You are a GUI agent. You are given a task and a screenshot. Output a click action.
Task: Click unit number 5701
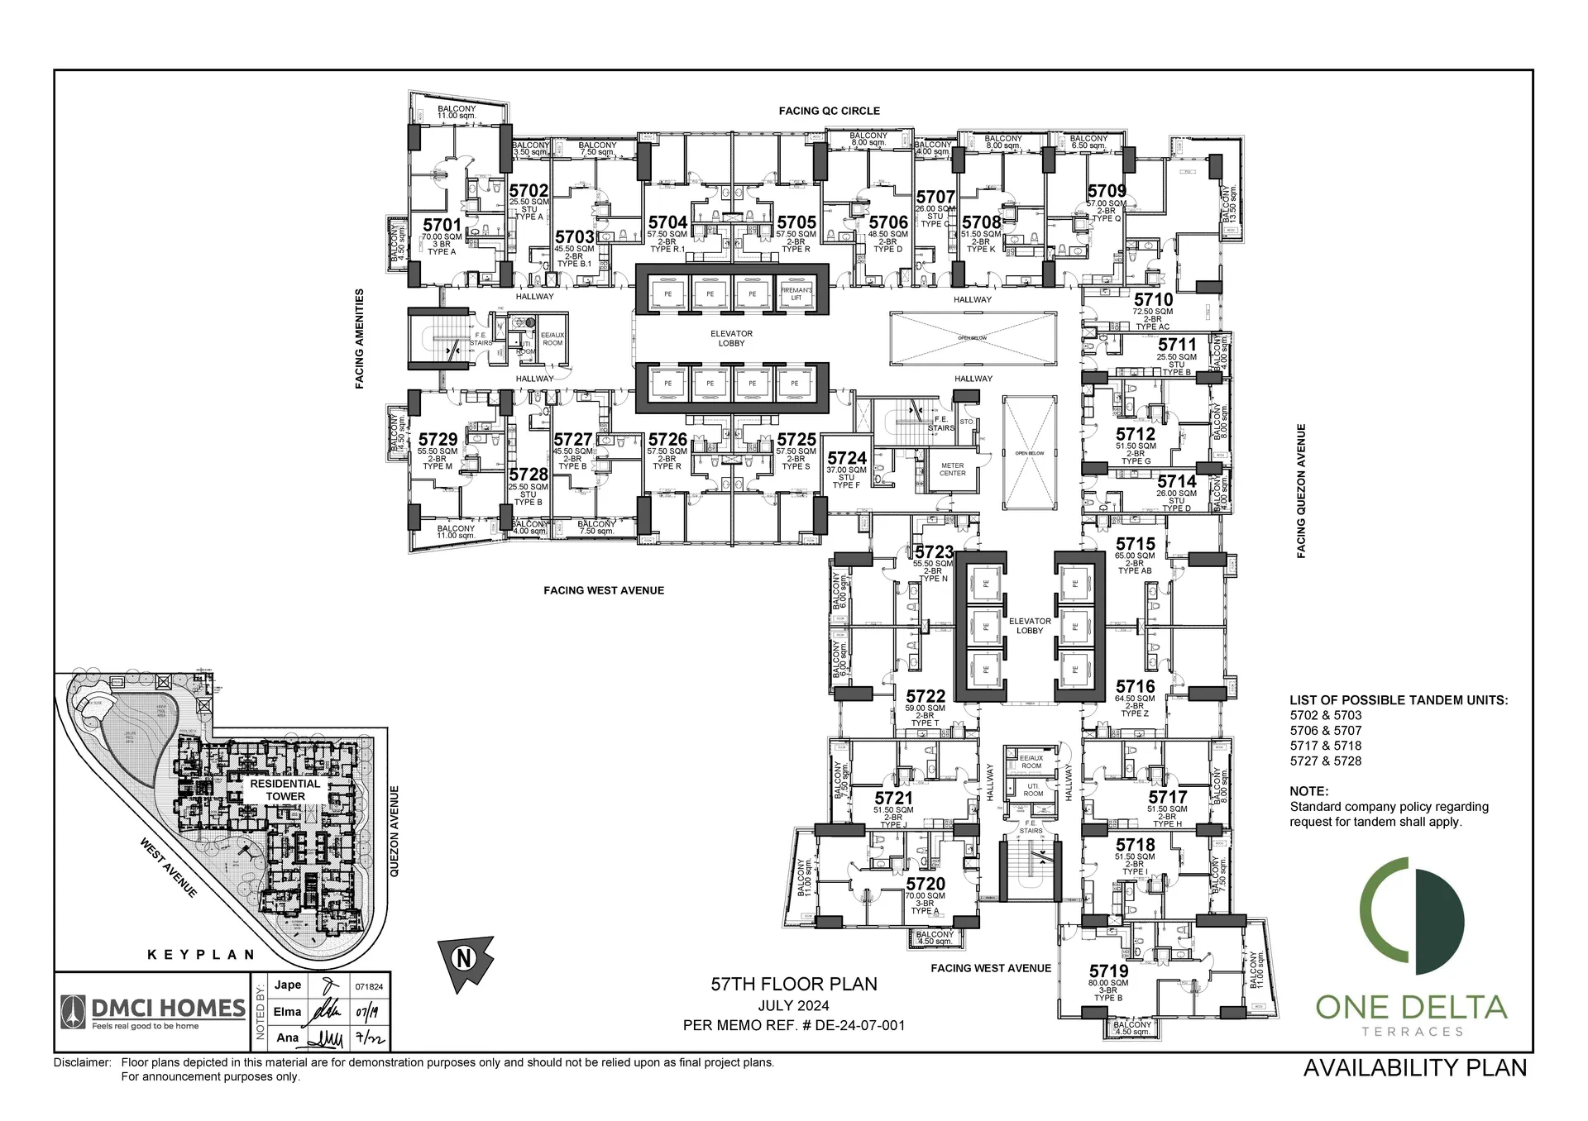pyautogui.click(x=442, y=225)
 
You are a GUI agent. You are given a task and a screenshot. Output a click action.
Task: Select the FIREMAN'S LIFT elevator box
pyautogui.click(x=796, y=293)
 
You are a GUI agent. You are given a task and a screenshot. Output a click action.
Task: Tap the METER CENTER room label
pyautogui.click(x=952, y=470)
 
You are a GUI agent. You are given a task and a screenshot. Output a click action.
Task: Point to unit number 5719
pyautogui.click(x=1108, y=971)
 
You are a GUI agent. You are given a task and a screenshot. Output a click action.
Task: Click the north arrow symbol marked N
pyautogui.click(x=464, y=959)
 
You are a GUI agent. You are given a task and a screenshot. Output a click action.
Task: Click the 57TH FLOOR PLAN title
pyautogui.click(x=794, y=984)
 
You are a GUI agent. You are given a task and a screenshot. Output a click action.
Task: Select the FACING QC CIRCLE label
pyautogui.click(x=829, y=111)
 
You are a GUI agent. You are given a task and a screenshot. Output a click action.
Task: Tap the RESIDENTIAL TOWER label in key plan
pyautogui.click(x=285, y=789)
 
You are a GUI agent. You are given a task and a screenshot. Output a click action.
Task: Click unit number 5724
pyautogui.click(x=847, y=458)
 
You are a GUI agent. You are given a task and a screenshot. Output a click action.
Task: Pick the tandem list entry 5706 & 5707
pyautogui.click(x=1325, y=731)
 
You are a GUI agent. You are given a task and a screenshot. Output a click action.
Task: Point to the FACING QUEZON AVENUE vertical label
pyautogui.click(x=1301, y=491)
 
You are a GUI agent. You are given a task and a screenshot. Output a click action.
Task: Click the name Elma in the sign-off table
pyautogui.click(x=287, y=1012)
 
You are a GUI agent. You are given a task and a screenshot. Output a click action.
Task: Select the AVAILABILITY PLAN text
pyautogui.click(x=1414, y=1068)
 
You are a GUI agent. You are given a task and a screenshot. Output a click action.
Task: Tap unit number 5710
pyautogui.click(x=1153, y=300)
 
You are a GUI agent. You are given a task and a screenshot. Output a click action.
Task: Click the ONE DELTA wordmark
pyautogui.click(x=1411, y=1007)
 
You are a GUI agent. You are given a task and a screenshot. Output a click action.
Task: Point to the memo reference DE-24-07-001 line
pyautogui.click(x=793, y=1025)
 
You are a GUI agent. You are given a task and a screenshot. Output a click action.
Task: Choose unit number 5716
pyautogui.click(x=1135, y=686)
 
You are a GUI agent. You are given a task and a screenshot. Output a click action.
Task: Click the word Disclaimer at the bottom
pyautogui.click(x=82, y=1062)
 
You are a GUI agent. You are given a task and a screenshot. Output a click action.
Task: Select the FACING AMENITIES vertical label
pyautogui.click(x=360, y=338)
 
